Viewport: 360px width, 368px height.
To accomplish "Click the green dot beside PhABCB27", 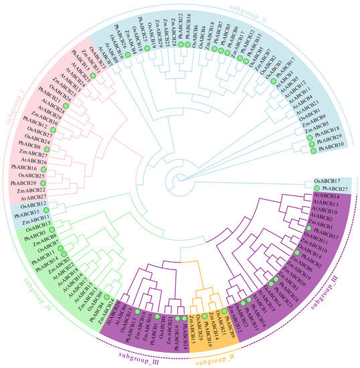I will (x=317, y=189).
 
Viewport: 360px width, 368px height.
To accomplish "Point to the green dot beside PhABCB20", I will (x=43, y=183).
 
